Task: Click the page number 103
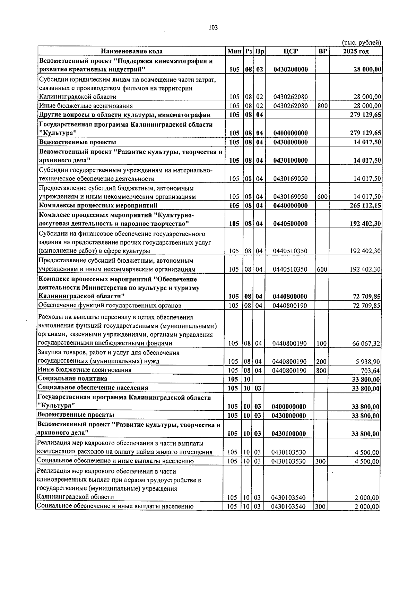pos(213,28)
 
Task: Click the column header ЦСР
pos(290,51)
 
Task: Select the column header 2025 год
pos(356,51)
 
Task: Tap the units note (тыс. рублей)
pos(362,42)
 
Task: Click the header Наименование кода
pos(132,51)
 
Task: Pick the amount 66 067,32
pos(366,344)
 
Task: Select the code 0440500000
pos(290,224)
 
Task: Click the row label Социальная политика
pos(72,378)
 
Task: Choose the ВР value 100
pos(321,344)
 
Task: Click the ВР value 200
pos(321,361)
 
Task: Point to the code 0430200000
pos(291,69)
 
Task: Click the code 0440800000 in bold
pos(290,296)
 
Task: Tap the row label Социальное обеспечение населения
pos(93,388)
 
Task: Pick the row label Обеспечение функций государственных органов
pos(110,305)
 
